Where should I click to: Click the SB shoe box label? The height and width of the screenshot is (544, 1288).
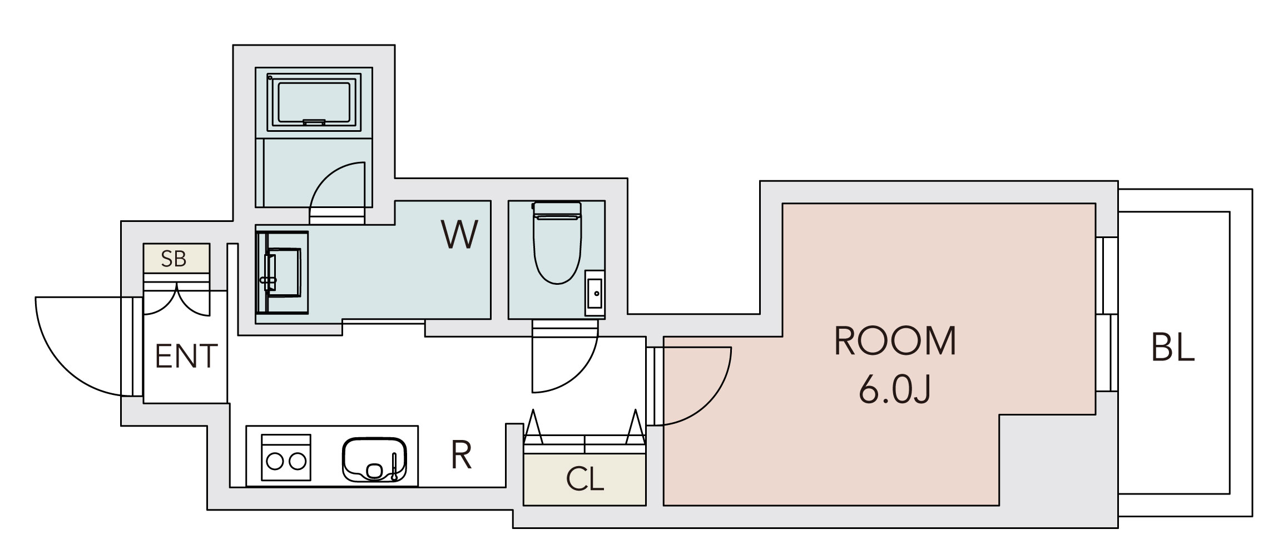[174, 259]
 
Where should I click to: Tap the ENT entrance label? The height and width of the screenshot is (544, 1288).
[186, 357]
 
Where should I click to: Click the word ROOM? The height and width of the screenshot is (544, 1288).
[895, 341]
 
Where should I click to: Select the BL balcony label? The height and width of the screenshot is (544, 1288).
[1173, 347]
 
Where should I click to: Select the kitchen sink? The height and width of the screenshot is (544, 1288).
[374, 459]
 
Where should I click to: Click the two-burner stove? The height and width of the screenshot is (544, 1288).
[286, 457]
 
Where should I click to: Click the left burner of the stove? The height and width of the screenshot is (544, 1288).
[275, 461]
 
